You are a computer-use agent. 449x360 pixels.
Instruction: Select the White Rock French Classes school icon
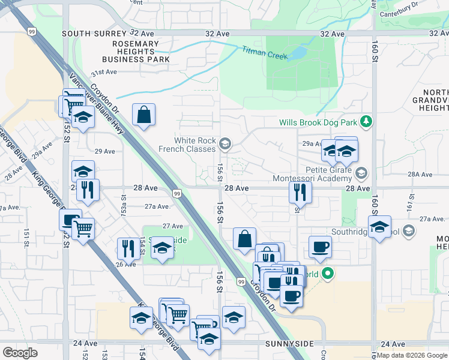[225, 143]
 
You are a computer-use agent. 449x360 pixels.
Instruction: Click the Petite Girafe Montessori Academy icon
[360, 173]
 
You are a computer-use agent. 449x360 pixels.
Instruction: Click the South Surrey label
[85, 34]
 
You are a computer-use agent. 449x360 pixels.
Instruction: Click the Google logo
[20, 353]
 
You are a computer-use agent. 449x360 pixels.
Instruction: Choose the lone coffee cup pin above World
[320, 246]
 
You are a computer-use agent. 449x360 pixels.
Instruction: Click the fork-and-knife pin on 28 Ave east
[299, 192]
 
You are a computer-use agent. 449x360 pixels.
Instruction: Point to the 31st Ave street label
[103, 72]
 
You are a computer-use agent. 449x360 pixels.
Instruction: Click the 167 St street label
[412, 196]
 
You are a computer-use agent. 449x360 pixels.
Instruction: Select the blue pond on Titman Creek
[297, 54]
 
